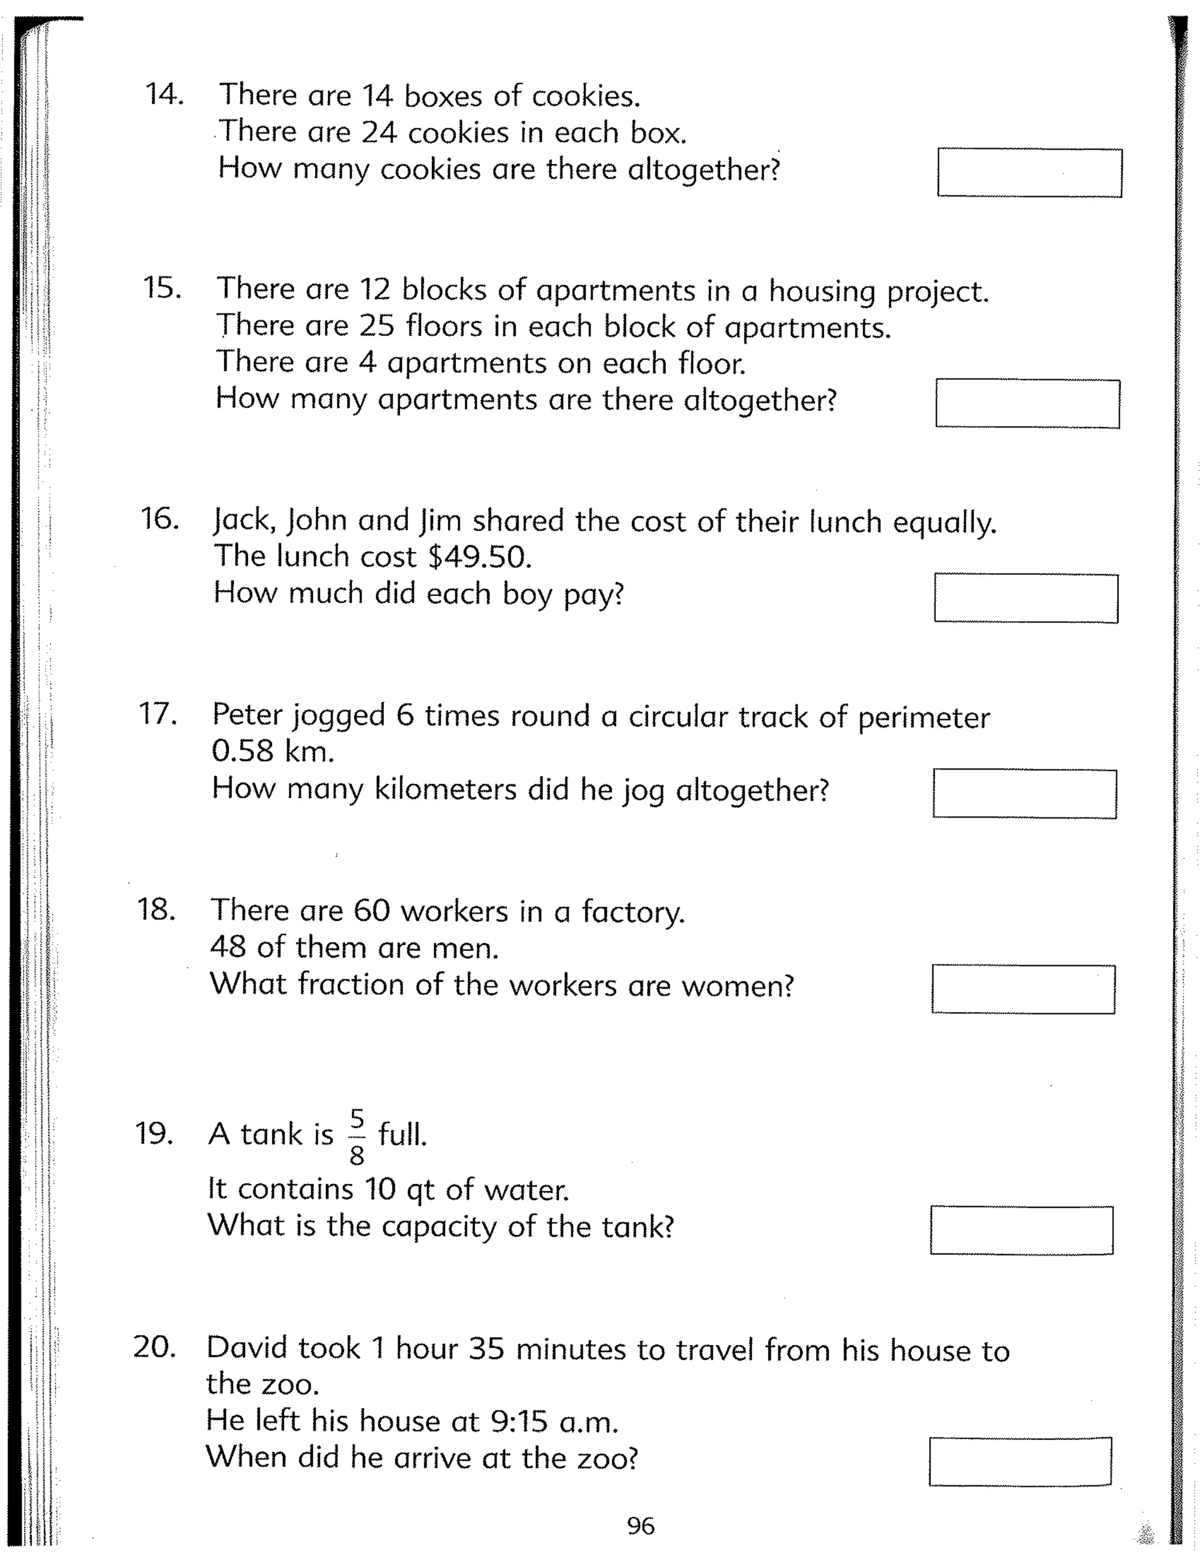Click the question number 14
(x=164, y=94)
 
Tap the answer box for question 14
(x=1029, y=173)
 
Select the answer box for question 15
(x=1027, y=404)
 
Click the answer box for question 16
(x=1026, y=598)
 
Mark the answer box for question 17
(x=1024, y=793)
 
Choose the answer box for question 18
(x=1023, y=989)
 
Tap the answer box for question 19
(x=1021, y=1230)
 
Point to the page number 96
(x=640, y=1526)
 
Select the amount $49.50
(x=480, y=557)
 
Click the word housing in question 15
(x=823, y=291)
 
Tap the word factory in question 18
(x=633, y=912)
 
